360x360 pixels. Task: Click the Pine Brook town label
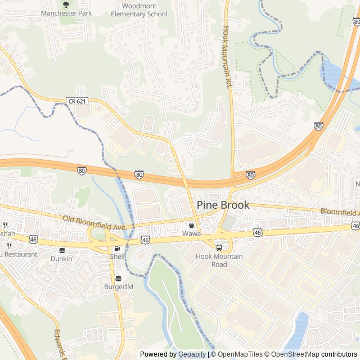223,205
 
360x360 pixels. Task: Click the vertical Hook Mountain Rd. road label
228,56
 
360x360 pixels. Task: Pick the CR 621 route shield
77,101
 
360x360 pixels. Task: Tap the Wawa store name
191,233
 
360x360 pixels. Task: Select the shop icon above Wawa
191,225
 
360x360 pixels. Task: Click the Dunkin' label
62,259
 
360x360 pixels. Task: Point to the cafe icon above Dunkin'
62,251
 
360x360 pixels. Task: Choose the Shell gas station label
117,256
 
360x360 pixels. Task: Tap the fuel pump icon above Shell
117,248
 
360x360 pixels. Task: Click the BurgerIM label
119,287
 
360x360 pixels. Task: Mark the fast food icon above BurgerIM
118,278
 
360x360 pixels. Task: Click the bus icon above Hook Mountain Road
219,247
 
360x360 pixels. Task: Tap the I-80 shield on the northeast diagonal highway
319,127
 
